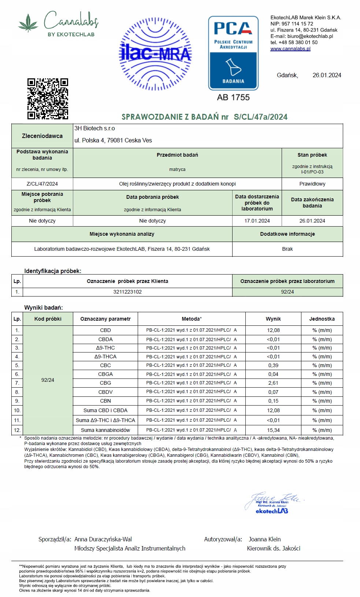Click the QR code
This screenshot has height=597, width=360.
tap(48, 99)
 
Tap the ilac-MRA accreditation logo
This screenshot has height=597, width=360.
tap(156, 54)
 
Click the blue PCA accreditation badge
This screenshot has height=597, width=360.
tap(233, 53)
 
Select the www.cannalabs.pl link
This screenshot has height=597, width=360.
tap(290, 49)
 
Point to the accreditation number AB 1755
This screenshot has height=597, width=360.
tap(233, 97)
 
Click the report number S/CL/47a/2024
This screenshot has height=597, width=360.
tap(261, 117)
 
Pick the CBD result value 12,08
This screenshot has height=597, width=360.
tap(273, 330)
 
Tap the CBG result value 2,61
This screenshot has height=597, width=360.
tap(273, 383)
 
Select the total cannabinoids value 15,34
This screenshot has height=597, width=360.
tap(273, 430)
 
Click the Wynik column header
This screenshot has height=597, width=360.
tap(273, 319)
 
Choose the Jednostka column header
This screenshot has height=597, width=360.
tap(322, 319)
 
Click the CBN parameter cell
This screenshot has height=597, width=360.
tap(105, 401)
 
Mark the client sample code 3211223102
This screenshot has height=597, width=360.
tap(127, 292)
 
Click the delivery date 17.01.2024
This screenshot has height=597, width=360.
tap(257, 221)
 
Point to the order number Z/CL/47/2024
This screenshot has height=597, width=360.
tap(42, 184)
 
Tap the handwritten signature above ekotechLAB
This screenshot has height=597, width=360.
tap(275, 499)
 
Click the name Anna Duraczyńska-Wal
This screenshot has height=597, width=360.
tap(103, 539)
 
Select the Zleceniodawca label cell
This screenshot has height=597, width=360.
tap(42, 136)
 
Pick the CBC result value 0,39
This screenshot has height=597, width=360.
tap(273, 365)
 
